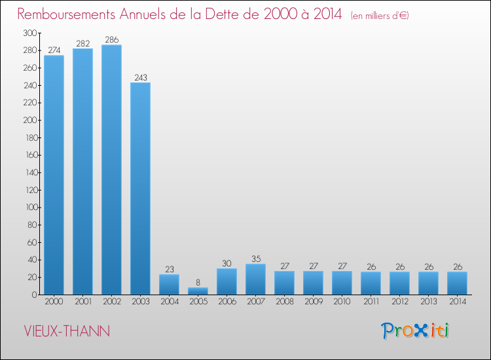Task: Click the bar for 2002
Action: pyautogui.click(x=111, y=170)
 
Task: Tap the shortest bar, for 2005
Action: pyautogui.click(x=198, y=291)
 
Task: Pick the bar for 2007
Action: pyautogui.click(x=255, y=279)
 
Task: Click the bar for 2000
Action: pyautogui.click(x=54, y=175)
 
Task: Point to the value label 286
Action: pyautogui.click(x=111, y=40)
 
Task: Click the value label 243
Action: pyautogui.click(x=140, y=77)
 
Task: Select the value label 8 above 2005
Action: pyautogui.click(x=198, y=283)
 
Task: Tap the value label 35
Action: pyautogui.click(x=255, y=259)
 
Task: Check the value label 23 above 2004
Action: pyautogui.click(x=169, y=270)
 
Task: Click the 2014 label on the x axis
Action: pyautogui.click(x=457, y=302)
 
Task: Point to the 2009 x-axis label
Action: pyautogui.click(x=313, y=302)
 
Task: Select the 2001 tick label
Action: pyautogui.click(x=82, y=302)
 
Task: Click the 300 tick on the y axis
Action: pyautogui.click(x=29, y=33)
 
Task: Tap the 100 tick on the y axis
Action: pyautogui.click(x=29, y=207)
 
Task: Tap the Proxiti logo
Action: pyautogui.click(x=415, y=331)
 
